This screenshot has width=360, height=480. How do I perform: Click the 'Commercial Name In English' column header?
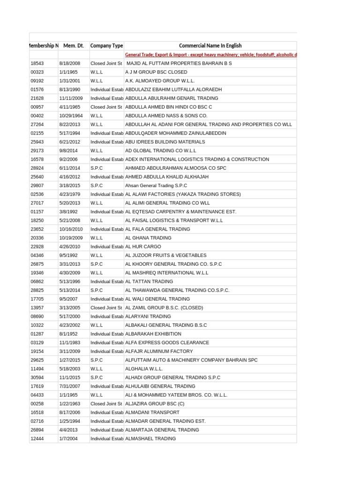[x=210, y=45]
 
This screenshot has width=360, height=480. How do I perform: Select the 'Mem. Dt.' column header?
[x=73, y=45]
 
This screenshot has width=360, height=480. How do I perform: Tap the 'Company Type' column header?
[x=106, y=45]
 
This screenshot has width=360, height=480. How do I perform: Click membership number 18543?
[x=37, y=63]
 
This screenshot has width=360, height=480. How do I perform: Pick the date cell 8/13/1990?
[x=70, y=90]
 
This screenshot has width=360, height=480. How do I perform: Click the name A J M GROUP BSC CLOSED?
[x=156, y=72]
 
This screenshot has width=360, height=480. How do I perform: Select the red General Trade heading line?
[x=210, y=54]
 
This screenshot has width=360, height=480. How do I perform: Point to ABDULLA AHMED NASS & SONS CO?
[x=166, y=116]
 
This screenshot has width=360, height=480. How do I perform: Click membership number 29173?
[x=37, y=150]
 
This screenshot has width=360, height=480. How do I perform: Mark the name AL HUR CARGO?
[x=143, y=247]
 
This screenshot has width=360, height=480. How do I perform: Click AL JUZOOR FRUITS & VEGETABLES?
[x=165, y=255]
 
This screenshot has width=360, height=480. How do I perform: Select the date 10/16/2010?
[x=71, y=229]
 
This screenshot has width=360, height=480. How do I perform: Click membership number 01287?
[x=37, y=334]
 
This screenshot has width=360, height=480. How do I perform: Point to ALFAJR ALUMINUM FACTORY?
[x=159, y=351]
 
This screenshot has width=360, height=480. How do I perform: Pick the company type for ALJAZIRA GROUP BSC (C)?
[x=106, y=404]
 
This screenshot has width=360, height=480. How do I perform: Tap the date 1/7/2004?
[x=68, y=439]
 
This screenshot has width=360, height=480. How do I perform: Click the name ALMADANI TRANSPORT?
[x=152, y=412]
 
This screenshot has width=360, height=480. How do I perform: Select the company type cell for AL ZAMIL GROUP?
[x=106, y=308]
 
